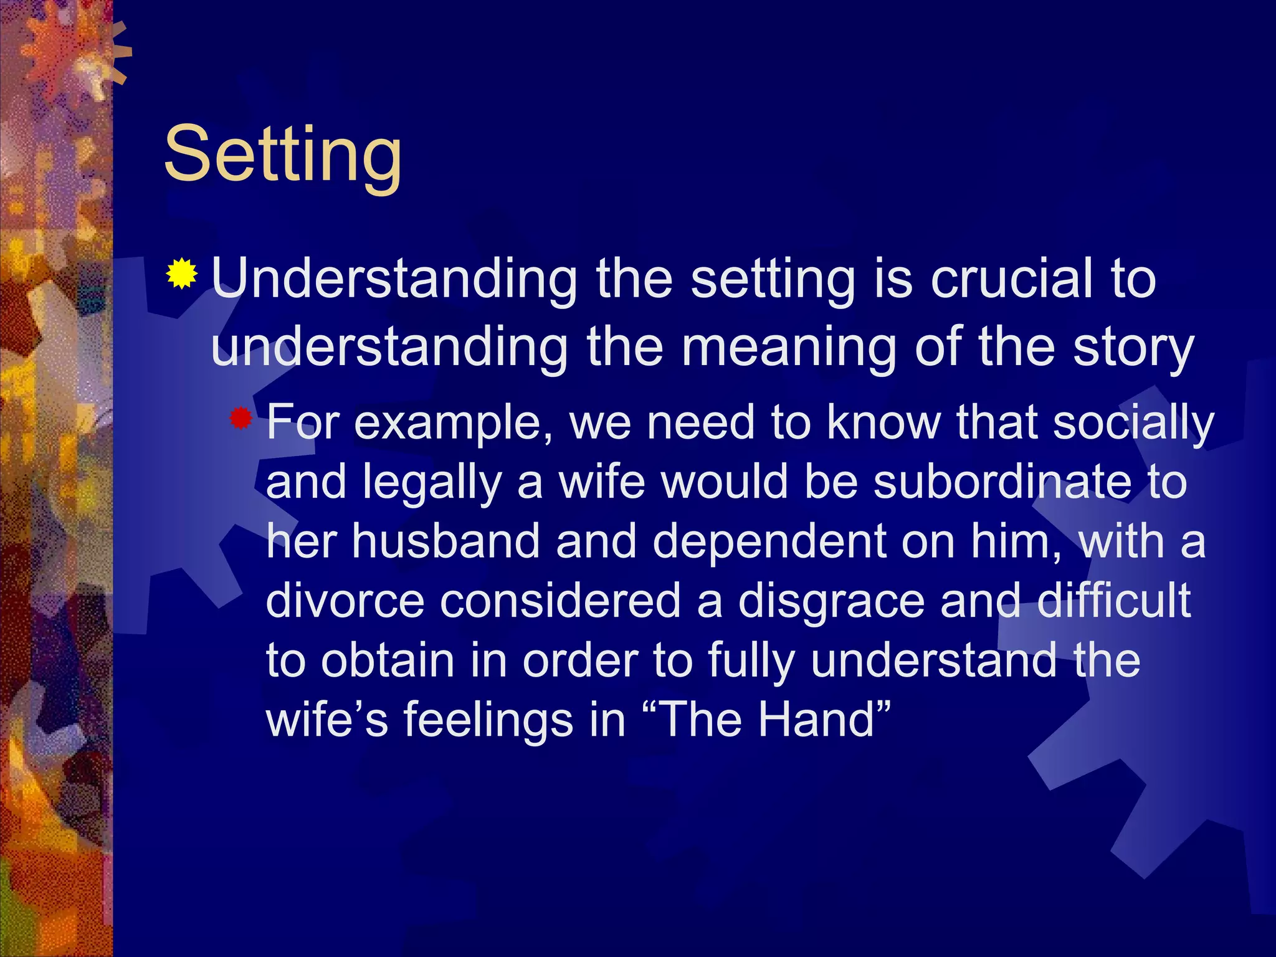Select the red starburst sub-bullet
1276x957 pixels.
240,419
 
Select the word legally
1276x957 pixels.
432,483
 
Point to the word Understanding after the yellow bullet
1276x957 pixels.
394,280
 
